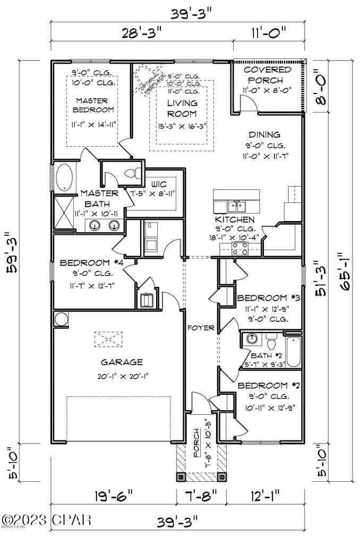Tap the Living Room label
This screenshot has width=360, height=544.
(x=182, y=108)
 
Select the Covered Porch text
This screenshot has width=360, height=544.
(x=267, y=75)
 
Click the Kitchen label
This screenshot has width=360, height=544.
(x=234, y=219)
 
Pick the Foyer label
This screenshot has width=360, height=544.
(x=201, y=328)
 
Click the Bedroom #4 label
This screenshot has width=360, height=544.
(x=88, y=263)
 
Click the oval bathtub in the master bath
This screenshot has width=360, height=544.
(x=66, y=177)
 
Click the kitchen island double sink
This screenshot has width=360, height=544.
(x=234, y=206)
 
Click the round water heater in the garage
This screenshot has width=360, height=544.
(x=60, y=319)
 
